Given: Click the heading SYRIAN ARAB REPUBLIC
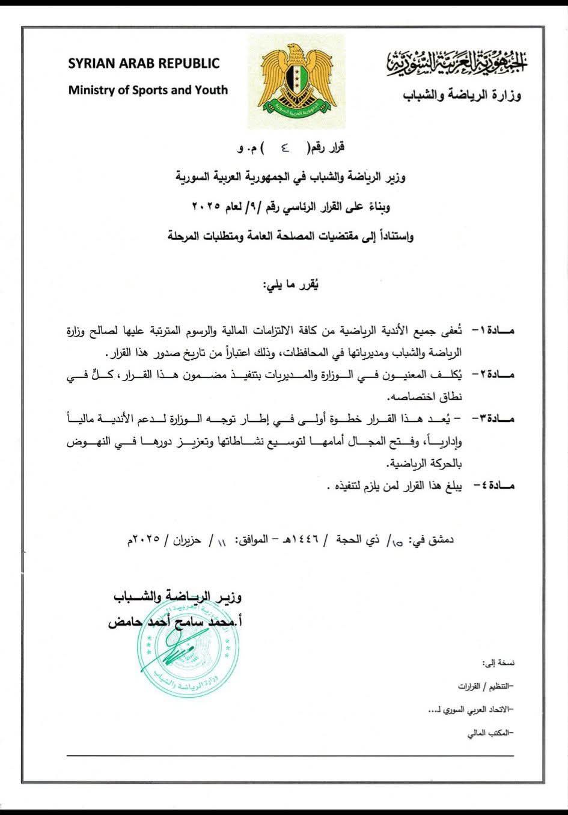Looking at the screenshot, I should [x=144, y=64].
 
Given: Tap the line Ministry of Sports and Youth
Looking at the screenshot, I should [x=148, y=91].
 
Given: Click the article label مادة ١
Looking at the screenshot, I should [x=490, y=331].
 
